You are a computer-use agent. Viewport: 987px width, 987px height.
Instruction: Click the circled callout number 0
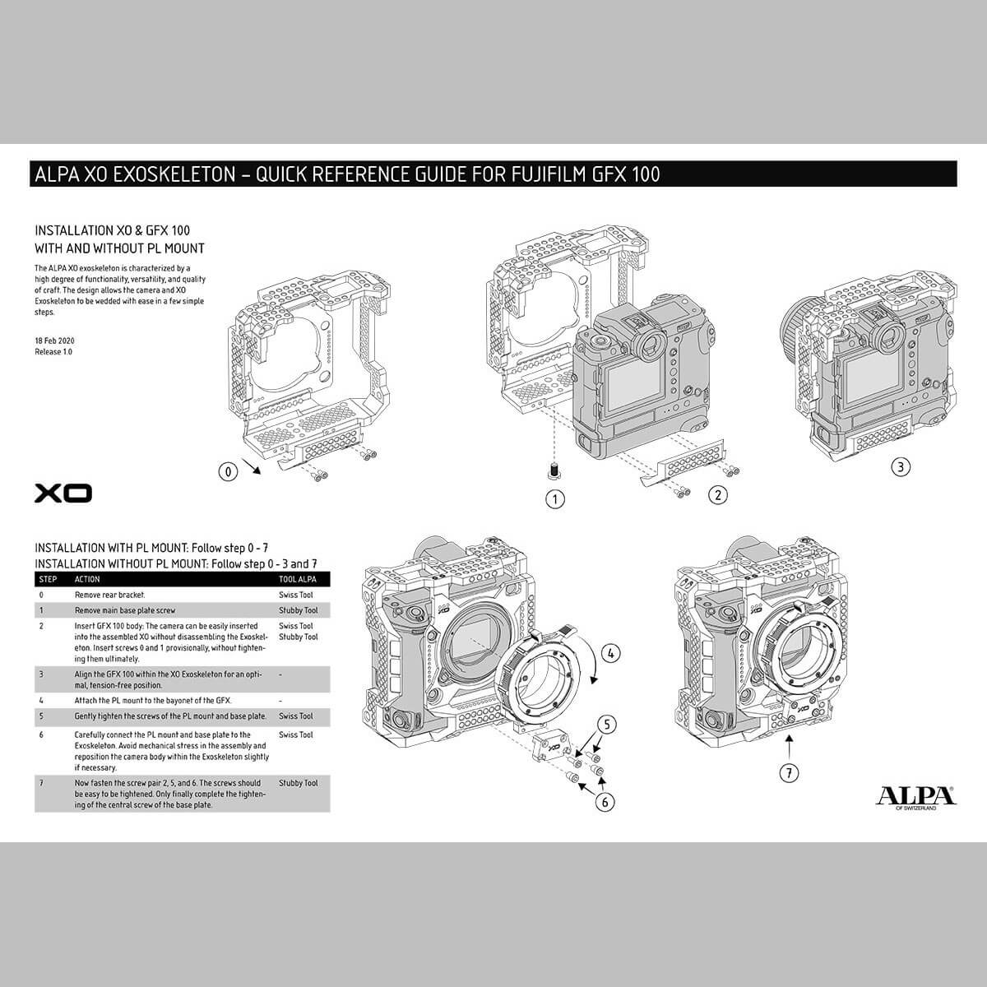229,471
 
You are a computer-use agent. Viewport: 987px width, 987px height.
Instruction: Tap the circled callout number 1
555,499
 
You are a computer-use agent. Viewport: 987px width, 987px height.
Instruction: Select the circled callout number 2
718,495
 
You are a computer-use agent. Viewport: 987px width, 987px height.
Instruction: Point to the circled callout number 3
901,466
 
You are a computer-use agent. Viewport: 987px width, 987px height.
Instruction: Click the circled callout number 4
610,653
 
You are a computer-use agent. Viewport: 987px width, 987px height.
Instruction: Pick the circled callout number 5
607,725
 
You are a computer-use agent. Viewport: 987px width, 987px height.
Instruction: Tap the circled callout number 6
605,802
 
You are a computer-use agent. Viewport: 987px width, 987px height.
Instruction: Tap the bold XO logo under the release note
63,493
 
